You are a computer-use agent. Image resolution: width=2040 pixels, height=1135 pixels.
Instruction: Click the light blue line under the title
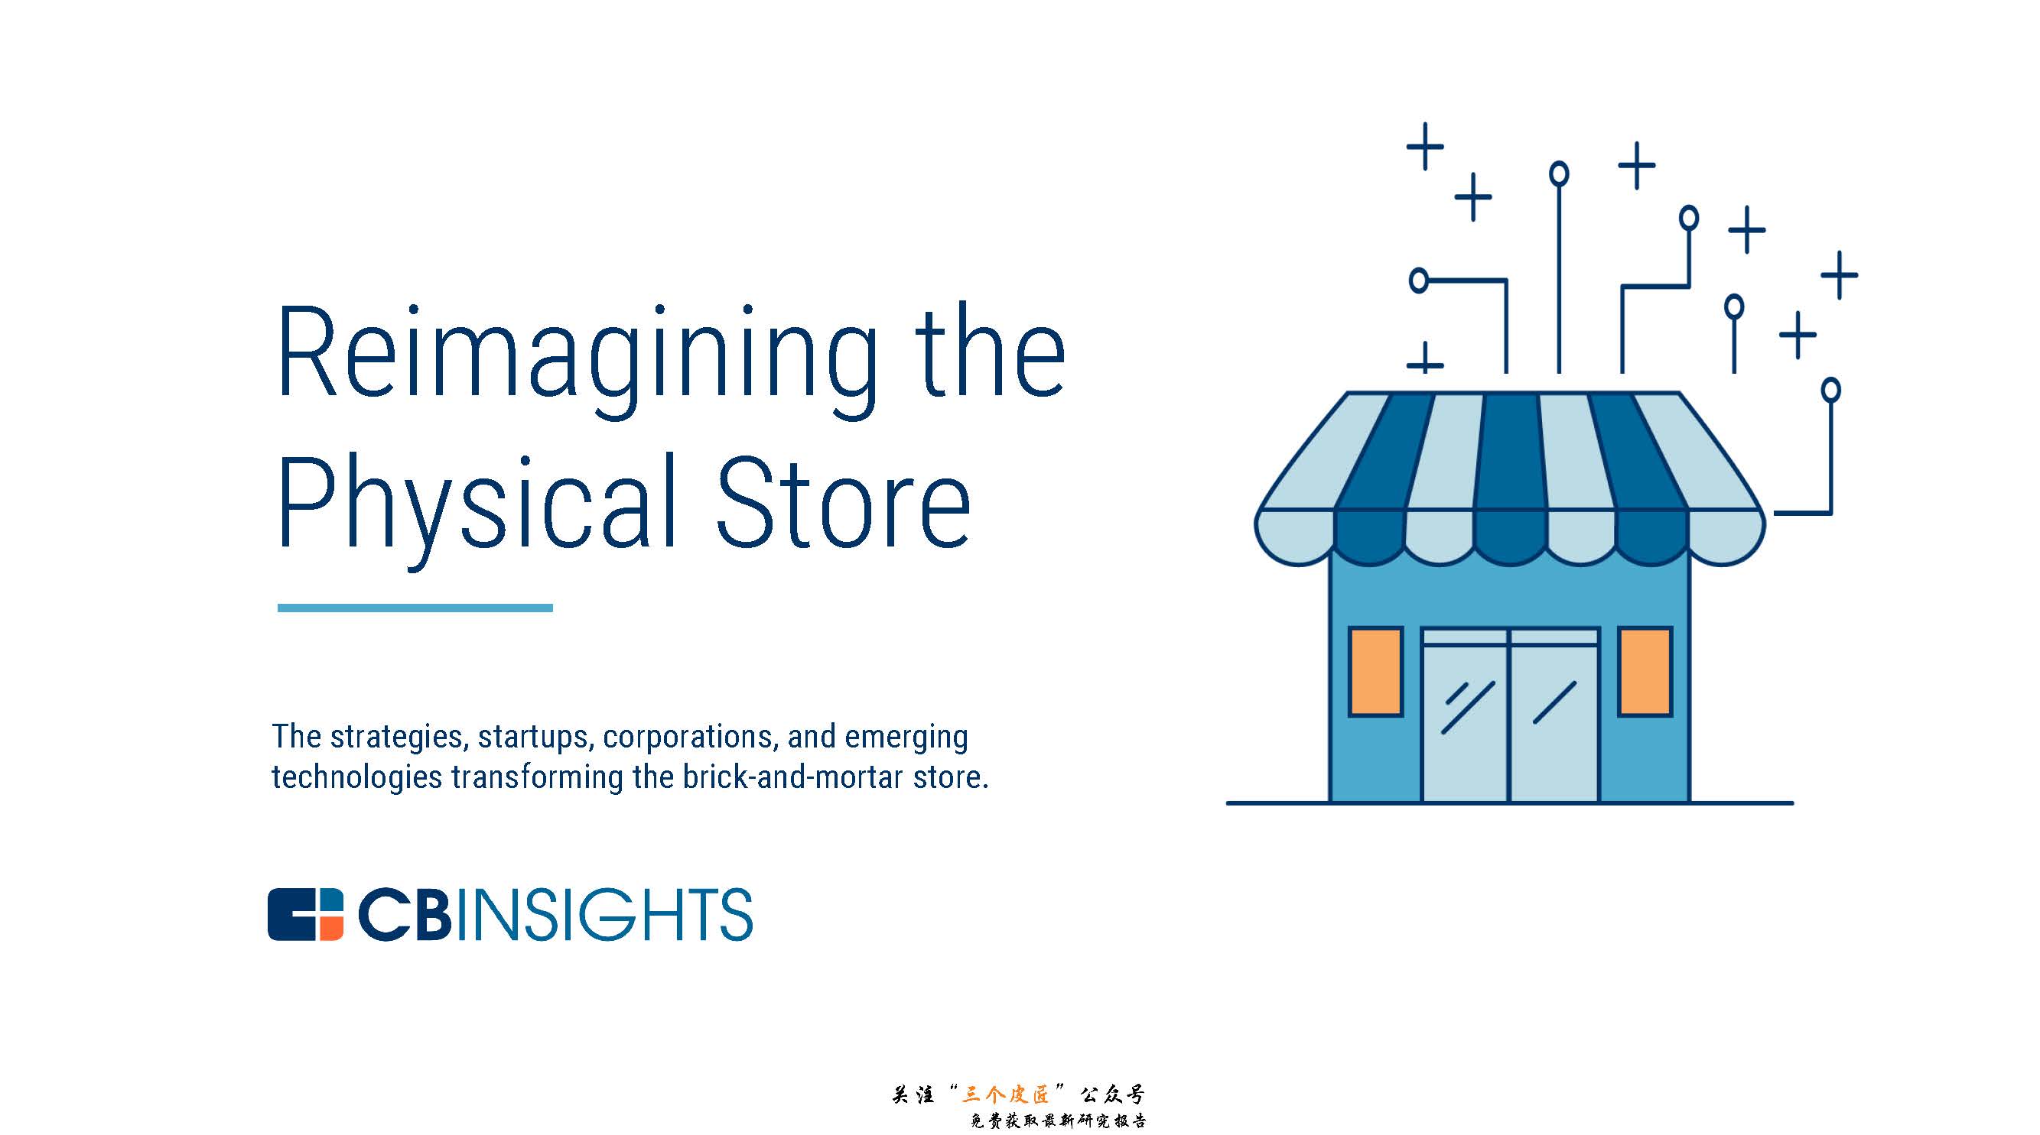(x=415, y=608)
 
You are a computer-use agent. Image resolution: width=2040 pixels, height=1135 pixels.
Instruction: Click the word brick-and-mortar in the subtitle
(x=792, y=777)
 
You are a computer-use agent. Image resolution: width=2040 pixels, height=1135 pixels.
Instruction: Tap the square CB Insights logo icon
(x=306, y=914)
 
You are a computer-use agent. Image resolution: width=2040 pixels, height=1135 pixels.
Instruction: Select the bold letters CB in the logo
(x=405, y=914)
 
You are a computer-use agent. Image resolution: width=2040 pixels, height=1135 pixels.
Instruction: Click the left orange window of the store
(x=1375, y=671)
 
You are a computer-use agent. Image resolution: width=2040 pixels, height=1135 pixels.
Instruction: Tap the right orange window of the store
(x=1645, y=671)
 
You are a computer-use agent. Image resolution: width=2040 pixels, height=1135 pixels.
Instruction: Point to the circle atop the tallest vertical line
(x=1559, y=173)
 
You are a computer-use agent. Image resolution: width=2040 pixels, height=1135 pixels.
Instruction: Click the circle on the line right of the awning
(x=1830, y=389)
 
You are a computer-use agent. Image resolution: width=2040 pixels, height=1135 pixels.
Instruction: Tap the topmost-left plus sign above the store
(x=1425, y=147)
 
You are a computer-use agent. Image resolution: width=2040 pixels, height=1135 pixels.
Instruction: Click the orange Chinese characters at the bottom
(x=1006, y=1094)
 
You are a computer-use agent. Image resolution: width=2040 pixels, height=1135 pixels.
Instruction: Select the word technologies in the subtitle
(x=356, y=777)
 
